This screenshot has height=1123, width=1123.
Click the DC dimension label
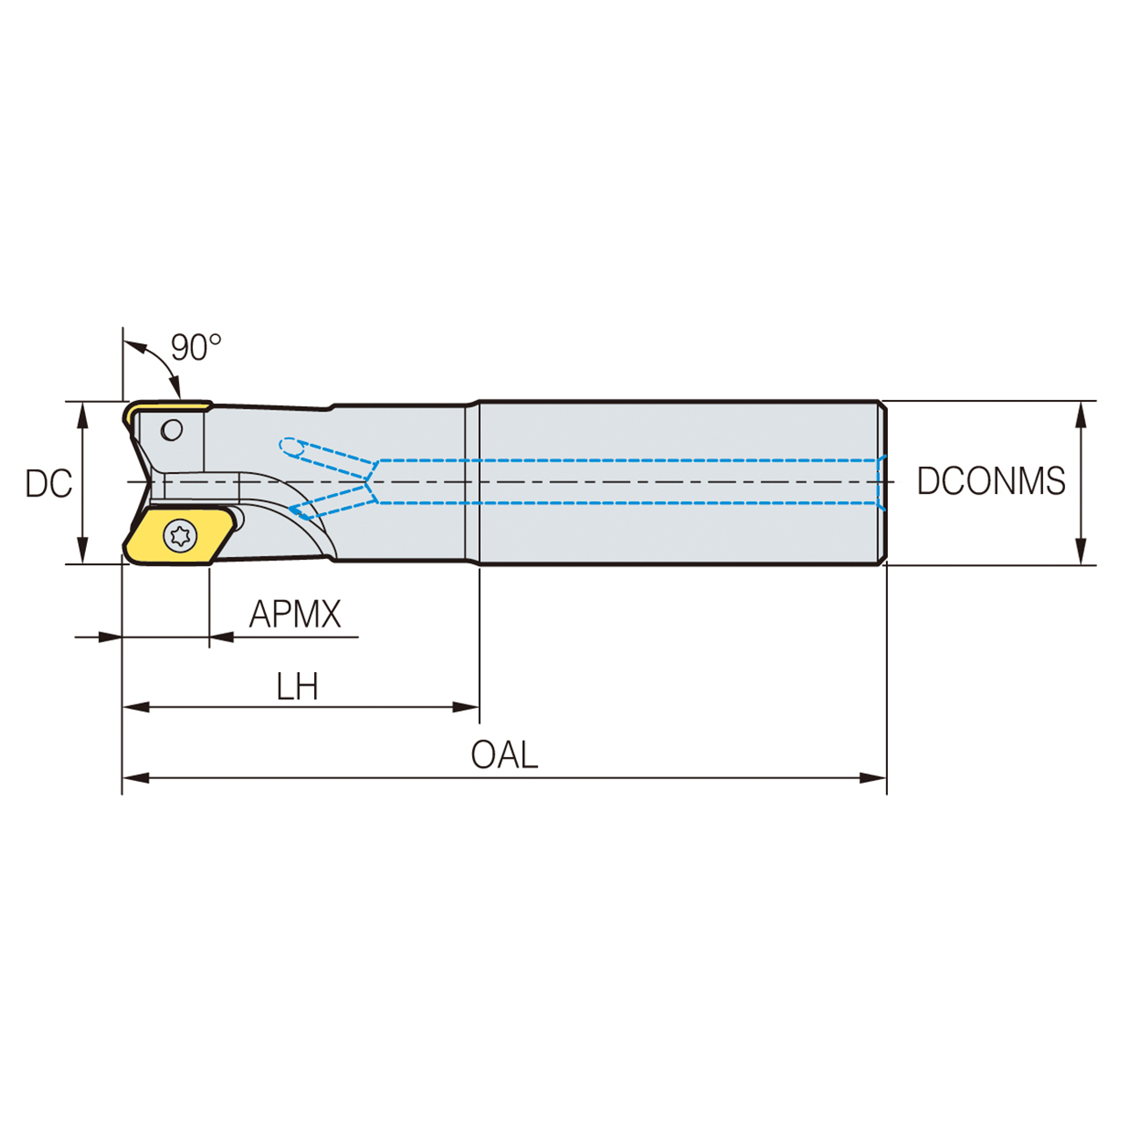tap(48, 483)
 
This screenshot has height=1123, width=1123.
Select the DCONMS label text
tap(991, 482)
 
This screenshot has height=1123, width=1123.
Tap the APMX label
tap(295, 614)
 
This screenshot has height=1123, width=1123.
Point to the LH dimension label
tap(297, 687)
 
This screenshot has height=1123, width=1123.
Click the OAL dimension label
tap(504, 755)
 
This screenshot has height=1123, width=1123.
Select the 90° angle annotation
tap(196, 347)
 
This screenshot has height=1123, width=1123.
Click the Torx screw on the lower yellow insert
tap(181, 534)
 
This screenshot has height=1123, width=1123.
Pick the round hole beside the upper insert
tap(172, 430)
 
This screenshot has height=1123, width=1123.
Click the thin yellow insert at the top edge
tap(167, 408)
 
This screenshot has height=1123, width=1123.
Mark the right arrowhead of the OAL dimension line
tap(874, 778)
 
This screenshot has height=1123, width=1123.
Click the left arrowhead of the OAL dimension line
tap(135, 778)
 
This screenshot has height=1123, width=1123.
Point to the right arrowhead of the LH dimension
tap(467, 707)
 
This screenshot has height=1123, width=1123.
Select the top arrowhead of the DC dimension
tap(83, 414)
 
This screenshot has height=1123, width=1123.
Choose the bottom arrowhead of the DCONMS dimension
tap(1081, 552)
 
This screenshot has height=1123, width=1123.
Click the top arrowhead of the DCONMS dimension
tap(1081, 414)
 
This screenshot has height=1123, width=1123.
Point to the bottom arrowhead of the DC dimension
tap(83, 552)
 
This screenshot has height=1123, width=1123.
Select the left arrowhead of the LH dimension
tap(135, 707)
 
